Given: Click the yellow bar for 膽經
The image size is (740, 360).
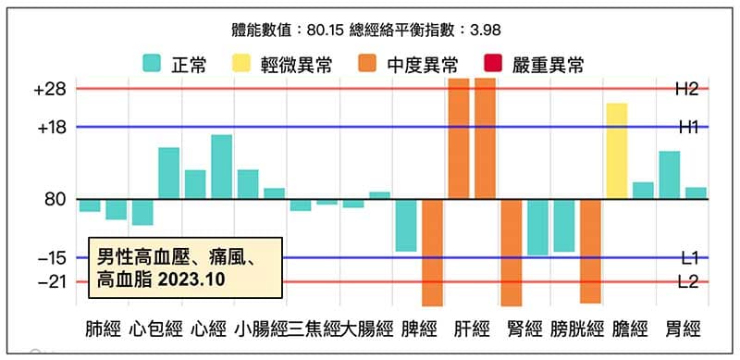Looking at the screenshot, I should tap(617, 150).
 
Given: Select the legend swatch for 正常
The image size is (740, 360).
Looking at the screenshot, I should tap(153, 64).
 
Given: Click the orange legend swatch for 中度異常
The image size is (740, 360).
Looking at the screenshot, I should tap(368, 64).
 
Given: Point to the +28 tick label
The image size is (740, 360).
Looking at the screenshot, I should tap(49, 89).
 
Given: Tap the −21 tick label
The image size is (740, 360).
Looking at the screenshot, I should tap(50, 282).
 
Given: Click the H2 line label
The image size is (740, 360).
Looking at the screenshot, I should tap(686, 89).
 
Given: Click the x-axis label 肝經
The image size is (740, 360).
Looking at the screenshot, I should tap(472, 329).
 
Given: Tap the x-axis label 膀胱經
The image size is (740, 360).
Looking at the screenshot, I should tap(576, 329).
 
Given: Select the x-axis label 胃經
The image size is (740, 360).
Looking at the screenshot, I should tap(683, 329).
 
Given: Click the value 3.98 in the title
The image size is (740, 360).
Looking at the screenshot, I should tap(485, 28).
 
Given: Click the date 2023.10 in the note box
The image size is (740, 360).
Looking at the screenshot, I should tap(190, 277).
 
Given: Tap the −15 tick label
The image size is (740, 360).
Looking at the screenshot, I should tap(50, 257).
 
